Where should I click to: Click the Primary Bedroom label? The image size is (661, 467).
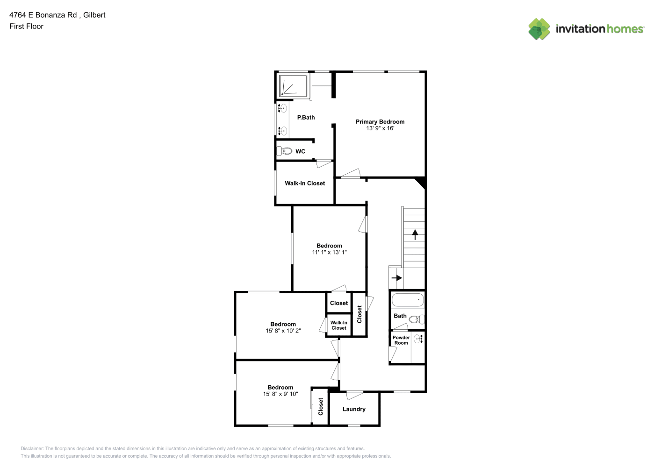[x=380, y=122]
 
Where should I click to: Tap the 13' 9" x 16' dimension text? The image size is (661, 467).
[x=380, y=128]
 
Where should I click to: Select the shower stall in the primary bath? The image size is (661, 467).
[x=293, y=85]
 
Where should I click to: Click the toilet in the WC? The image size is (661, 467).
[x=284, y=151]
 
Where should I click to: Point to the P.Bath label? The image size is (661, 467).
[x=306, y=117]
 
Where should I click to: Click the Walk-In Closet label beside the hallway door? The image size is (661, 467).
[x=305, y=183]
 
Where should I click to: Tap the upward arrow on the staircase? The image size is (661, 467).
[x=415, y=234]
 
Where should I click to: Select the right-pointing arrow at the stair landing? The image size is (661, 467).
[x=396, y=278]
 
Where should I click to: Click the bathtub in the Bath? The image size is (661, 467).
[x=408, y=300]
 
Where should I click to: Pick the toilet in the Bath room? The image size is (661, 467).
[x=417, y=319]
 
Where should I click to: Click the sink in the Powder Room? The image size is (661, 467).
[x=418, y=339]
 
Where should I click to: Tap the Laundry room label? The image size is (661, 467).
[x=354, y=409]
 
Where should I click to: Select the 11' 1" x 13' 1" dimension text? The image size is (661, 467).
[x=329, y=252]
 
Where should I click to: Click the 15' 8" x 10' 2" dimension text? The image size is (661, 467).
[x=283, y=331]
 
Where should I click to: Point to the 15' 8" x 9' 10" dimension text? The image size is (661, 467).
[x=280, y=394]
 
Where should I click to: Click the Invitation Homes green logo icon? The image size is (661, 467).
[x=539, y=29]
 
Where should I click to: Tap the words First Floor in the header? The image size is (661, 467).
[x=26, y=26]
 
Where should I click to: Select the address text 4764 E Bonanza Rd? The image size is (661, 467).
[x=43, y=15]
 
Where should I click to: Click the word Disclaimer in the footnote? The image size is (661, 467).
[x=32, y=448]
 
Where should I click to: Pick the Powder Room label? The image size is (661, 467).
[x=401, y=340]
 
